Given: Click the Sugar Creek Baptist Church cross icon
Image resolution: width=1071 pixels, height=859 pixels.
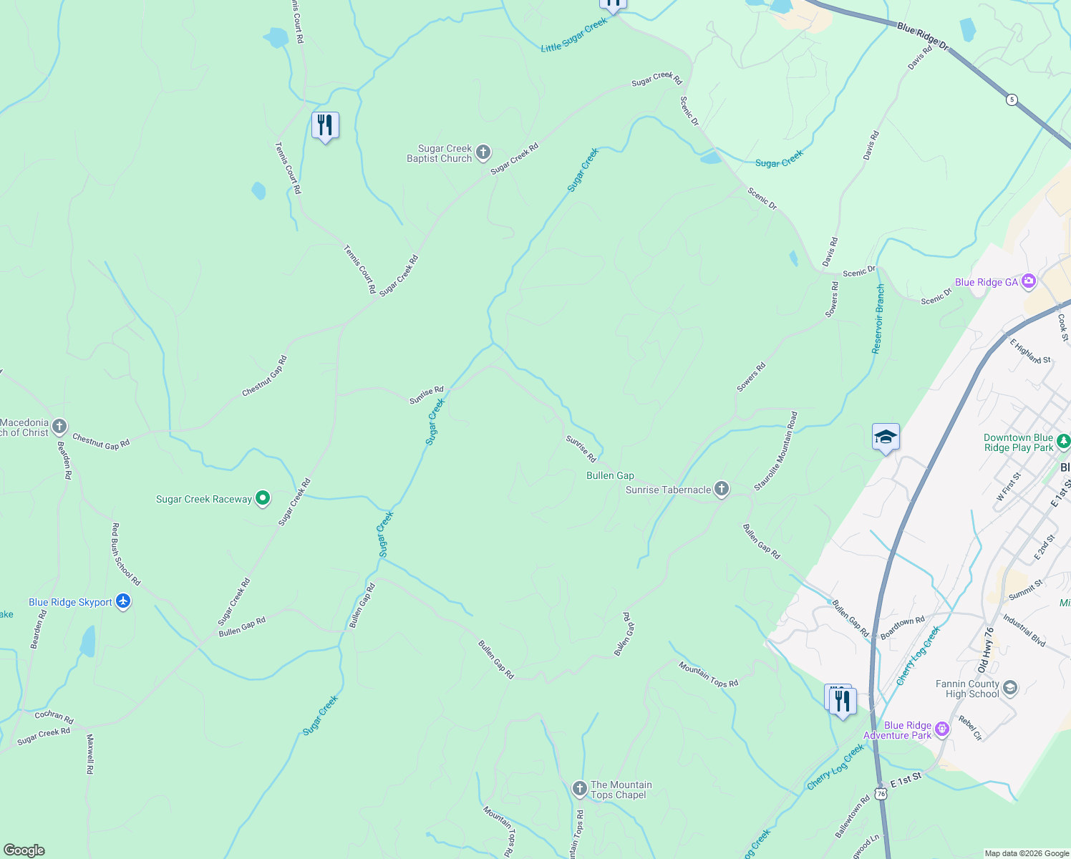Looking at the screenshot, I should click(x=483, y=152).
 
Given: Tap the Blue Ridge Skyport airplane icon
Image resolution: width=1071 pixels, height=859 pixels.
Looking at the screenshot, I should click(x=123, y=601).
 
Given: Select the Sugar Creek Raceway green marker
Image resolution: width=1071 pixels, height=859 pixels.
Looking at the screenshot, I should click(x=263, y=498).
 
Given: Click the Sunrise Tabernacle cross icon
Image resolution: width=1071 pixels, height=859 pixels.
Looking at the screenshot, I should click(x=722, y=489).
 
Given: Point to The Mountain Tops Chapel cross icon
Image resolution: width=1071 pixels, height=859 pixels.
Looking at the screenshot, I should click(x=579, y=789).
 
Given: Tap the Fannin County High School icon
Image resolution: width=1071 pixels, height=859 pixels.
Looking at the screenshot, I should click(x=1010, y=688).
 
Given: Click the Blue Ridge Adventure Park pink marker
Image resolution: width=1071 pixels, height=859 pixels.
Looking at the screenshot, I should click(x=942, y=729).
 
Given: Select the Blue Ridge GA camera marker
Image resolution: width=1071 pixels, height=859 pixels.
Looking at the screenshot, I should click(x=1029, y=281).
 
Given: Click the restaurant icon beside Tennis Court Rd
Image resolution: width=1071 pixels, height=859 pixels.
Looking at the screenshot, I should click(x=325, y=126).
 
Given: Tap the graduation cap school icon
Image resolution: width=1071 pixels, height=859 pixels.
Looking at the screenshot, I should click(x=886, y=437).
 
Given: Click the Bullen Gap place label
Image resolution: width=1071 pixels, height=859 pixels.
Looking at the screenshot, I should click(x=610, y=475).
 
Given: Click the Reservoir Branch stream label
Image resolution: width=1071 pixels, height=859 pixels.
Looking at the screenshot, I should click(x=878, y=319).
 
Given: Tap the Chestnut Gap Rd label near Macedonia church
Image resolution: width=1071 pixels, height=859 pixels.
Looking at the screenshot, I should click(x=101, y=442).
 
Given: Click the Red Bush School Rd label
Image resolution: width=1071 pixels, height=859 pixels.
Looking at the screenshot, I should click(x=126, y=554).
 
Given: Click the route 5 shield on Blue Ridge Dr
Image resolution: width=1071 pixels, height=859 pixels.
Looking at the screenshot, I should click(x=1012, y=100).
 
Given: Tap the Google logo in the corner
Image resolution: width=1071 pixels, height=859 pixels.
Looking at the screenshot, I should click(x=24, y=850).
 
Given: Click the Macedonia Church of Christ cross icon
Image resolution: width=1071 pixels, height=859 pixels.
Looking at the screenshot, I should click(x=59, y=427).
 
